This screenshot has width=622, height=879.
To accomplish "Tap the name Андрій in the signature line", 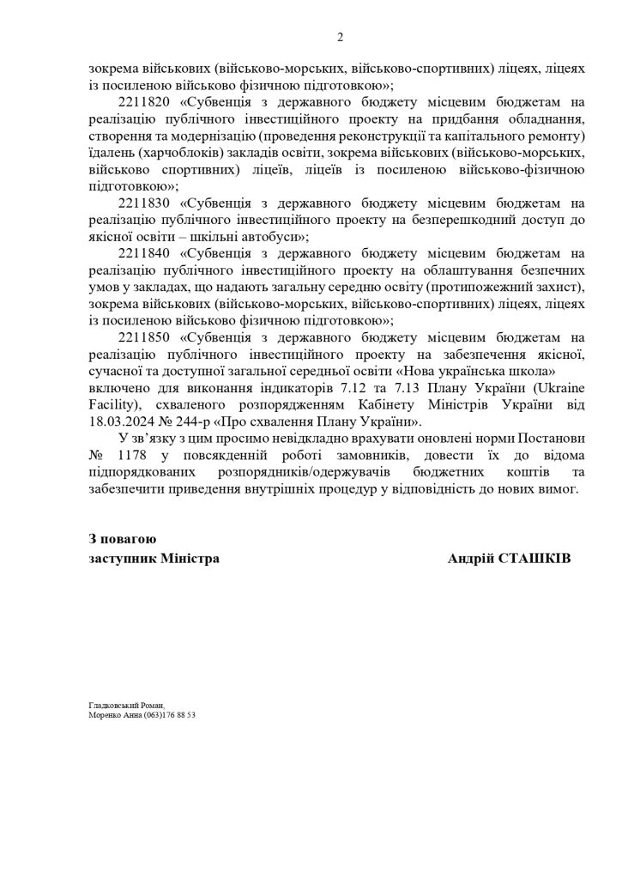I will tap(471, 558).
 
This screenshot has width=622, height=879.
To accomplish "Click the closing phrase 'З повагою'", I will tap(122, 539).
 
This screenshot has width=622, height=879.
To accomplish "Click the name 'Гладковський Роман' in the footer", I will tap(124, 704).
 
